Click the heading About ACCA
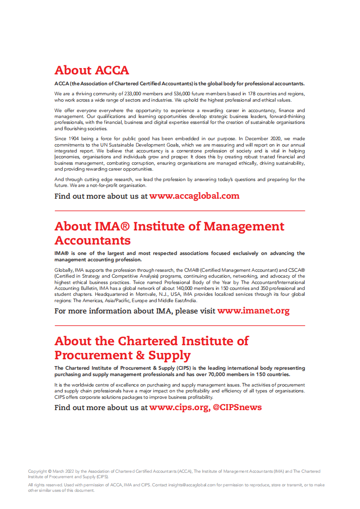tap(92, 70)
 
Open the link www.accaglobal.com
tap(194, 196)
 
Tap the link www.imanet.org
tap(253, 311)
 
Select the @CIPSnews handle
tap(237, 407)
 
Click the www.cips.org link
tap(178, 407)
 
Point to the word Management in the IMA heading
tap(243, 226)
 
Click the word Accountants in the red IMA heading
tap(93, 240)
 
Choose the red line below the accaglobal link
tap(180, 211)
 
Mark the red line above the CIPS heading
tap(180, 326)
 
